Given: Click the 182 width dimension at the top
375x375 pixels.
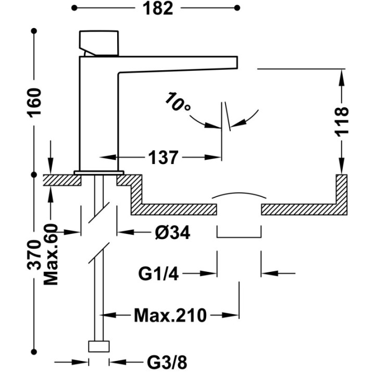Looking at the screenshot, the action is (x=158, y=9).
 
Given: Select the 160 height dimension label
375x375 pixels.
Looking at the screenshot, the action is (x=34, y=103).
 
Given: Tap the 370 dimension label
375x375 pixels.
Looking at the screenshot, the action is (x=34, y=255).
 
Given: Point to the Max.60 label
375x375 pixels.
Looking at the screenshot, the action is (x=51, y=255).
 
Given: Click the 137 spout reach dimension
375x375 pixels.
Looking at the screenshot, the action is (x=164, y=157).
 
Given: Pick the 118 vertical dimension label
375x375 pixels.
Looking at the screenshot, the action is (x=342, y=122).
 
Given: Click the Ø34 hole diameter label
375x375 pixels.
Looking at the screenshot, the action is (x=172, y=232).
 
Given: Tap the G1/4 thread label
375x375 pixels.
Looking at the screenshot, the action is (x=158, y=273).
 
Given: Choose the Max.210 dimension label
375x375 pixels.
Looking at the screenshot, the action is (x=170, y=316).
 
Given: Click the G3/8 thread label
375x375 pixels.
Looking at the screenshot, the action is (x=167, y=362).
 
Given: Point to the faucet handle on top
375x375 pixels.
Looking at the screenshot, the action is (x=98, y=43).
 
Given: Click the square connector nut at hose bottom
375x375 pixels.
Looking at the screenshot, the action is (x=99, y=346).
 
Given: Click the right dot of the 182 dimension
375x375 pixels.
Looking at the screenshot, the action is (x=237, y=8).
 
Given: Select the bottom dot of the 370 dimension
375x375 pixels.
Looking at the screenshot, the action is (x=34, y=352).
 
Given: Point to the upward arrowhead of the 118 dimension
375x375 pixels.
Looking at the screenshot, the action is (x=342, y=78).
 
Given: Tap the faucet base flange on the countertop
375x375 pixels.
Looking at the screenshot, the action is (x=99, y=172).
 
